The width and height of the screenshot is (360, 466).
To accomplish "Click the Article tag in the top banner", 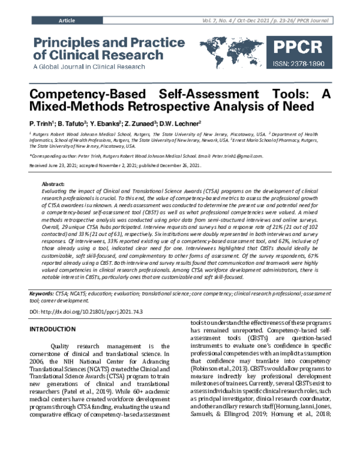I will (67, 20).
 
